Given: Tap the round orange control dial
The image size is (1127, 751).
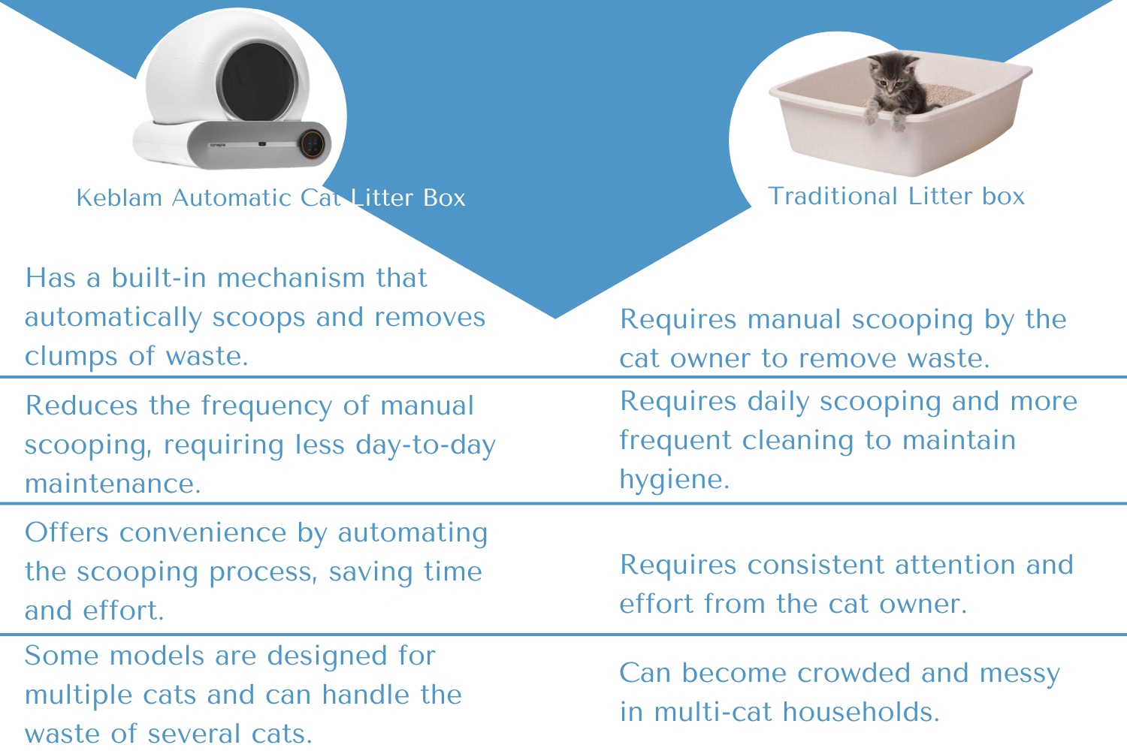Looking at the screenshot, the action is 313,144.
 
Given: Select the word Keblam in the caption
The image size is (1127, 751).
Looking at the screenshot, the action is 119,198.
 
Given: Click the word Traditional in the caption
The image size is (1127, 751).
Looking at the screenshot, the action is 832,196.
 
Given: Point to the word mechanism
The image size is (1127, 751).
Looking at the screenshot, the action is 290,278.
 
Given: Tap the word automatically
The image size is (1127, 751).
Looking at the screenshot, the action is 113,318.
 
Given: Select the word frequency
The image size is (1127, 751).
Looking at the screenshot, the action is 267,406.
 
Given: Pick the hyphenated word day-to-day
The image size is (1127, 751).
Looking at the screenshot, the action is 425,445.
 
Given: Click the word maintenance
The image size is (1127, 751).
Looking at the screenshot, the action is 113,484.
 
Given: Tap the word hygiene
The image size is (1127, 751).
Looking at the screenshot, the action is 674,479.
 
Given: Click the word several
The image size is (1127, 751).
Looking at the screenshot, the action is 194,734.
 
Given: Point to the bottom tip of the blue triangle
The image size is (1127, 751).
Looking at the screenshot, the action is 555,318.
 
